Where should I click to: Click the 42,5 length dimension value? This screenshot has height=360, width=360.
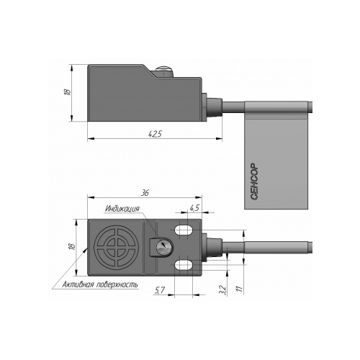click(x=156, y=134)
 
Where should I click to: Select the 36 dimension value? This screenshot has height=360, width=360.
click(x=145, y=193)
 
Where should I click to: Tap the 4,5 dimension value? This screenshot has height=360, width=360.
click(x=194, y=208)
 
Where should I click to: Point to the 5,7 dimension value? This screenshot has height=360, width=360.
click(x=159, y=290)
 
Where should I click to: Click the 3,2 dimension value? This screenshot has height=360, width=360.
click(x=222, y=289)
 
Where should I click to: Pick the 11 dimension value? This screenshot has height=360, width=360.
click(x=240, y=289)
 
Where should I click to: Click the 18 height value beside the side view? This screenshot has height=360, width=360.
click(x=68, y=92)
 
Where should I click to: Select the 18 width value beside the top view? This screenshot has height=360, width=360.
click(x=72, y=247)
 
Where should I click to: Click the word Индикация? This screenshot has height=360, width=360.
click(x=122, y=208)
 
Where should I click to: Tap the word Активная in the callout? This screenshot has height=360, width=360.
click(x=78, y=284)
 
